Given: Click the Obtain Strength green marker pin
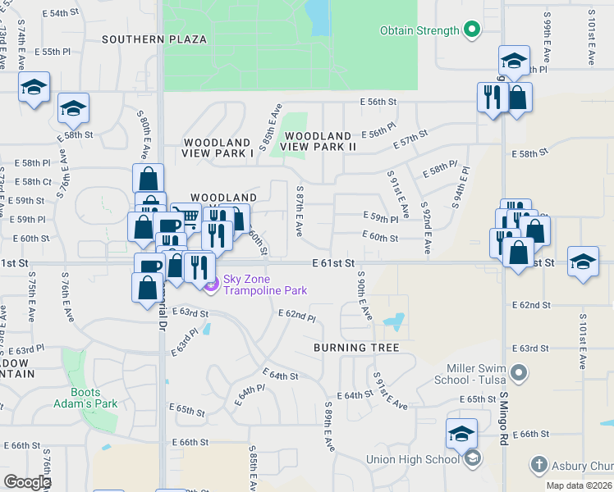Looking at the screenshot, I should pos(471,31).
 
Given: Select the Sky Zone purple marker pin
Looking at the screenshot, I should pos(212,285).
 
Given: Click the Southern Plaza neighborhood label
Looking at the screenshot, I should pos(154,39).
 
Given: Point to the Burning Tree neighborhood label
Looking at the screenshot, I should pos(356,348).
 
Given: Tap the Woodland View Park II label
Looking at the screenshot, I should pos(318,141).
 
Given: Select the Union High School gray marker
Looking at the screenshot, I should pos(472,459).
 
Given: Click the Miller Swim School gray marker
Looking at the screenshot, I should pos(518,374).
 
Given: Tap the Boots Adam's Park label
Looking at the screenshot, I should pos(94,398).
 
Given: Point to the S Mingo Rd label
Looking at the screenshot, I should pos(503,426).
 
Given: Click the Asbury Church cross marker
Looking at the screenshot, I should pos(538,466).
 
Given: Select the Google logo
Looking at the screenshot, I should pos(28,481).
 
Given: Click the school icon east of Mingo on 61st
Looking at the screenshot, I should pos(583,262).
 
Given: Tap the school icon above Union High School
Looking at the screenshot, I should pos(461,433).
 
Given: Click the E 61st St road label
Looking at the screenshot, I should pos(333,262).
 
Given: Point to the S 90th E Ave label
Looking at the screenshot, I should pos(364,297).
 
